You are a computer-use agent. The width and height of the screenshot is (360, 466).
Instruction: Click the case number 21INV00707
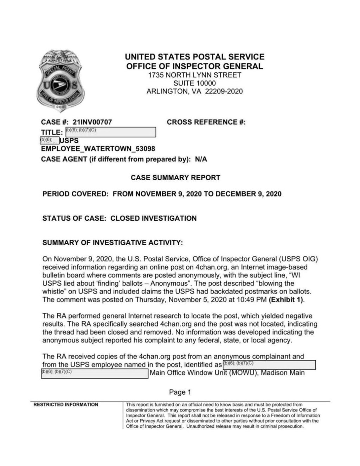(x=92, y=122)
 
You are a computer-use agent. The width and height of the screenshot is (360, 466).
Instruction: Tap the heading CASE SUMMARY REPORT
(x=175, y=177)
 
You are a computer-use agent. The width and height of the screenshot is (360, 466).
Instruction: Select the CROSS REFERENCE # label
(x=206, y=122)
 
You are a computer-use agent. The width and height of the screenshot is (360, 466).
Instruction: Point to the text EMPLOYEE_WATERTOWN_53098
(x=98, y=149)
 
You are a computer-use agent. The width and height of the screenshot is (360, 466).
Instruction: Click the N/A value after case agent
(x=201, y=159)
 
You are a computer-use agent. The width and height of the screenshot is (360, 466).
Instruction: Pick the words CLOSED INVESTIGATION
(x=153, y=218)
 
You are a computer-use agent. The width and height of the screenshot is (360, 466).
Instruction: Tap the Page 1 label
(x=180, y=392)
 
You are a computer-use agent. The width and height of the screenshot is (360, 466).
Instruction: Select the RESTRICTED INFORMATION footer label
(x=66, y=404)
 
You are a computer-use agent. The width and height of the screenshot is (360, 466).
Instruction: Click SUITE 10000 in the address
(x=194, y=83)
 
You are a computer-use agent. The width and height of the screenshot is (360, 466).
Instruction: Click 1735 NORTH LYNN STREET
(x=194, y=75)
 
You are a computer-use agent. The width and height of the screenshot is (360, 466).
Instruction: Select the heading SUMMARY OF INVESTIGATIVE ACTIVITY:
(x=112, y=243)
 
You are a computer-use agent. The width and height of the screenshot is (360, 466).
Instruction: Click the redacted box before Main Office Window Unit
(x=95, y=373)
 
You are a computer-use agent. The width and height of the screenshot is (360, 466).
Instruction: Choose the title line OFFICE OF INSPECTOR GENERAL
(x=194, y=66)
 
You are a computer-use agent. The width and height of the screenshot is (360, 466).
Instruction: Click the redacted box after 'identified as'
(x=269, y=365)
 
